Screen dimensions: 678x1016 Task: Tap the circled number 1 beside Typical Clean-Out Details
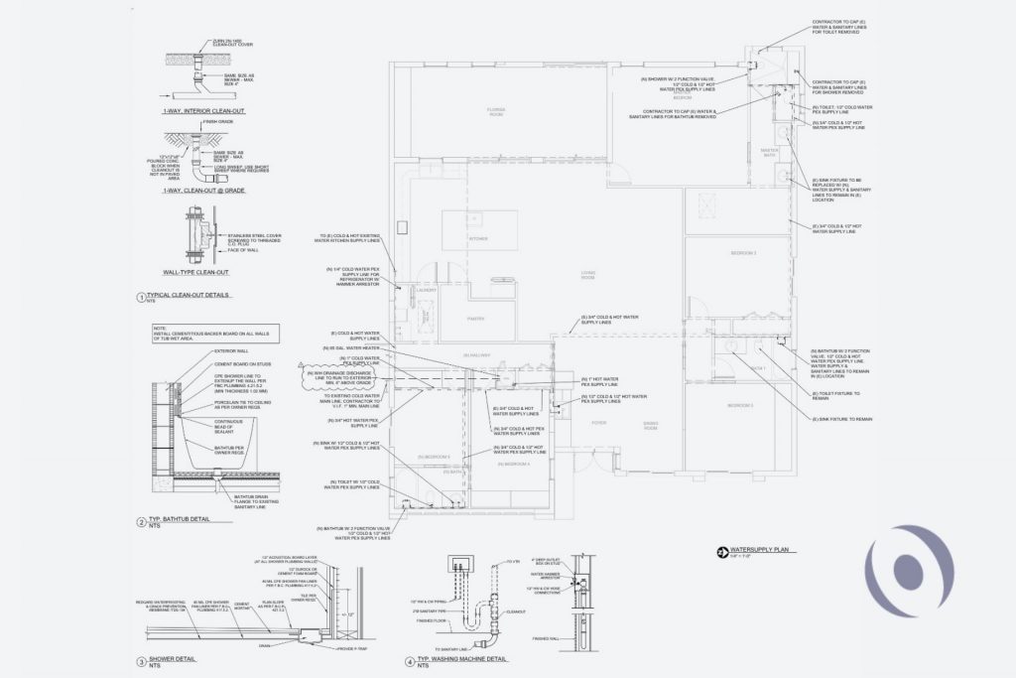[140, 296]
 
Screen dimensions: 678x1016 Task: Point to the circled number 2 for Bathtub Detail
[140, 520]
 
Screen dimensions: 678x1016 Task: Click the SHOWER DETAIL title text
[170, 658]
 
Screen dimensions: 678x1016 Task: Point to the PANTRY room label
[475, 319]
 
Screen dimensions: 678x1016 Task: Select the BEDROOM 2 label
[744, 254]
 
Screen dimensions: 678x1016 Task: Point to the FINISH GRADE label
[216, 123]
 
